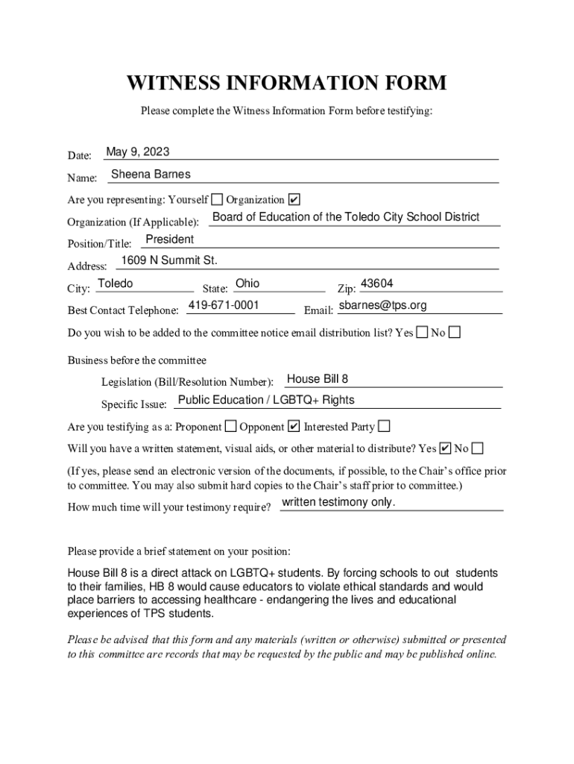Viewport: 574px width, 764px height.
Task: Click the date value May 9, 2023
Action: tap(138, 152)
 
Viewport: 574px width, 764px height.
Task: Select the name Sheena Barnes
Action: tap(151, 175)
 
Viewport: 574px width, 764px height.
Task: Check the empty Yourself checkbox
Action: tap(217, 199)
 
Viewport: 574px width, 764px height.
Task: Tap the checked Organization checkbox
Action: tap(294, 199)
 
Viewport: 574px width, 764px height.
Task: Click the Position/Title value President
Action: tap(169, 239)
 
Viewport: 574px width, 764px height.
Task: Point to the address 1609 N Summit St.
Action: tap(169, 260)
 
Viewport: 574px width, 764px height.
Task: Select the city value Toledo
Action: tap(116, 284)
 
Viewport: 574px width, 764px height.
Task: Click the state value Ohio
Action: tap(247, 284)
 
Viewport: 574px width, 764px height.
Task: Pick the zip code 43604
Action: tap(376, 284)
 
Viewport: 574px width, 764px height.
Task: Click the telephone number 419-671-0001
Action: tap(224, 305)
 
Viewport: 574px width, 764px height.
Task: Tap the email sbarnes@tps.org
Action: tap(382, 306)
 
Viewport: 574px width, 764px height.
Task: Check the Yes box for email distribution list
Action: tap(423, 332)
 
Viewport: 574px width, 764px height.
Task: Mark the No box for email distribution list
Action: tap(454, 332)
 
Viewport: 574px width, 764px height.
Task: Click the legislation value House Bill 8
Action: tap(318, 379)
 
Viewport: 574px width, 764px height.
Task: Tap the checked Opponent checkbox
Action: tap(294, 427)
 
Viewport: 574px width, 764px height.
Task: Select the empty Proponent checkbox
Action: tap(231, 427)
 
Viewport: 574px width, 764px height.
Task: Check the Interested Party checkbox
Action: tap(384, 427)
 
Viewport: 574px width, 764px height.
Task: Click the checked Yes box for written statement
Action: tap(446, 448)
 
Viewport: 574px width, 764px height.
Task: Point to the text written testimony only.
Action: tap(338, 502)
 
